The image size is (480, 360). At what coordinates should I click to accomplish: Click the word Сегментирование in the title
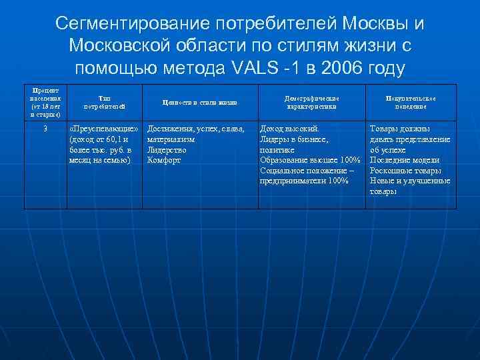[x=127, y=24]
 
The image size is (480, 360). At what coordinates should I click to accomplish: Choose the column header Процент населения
[x=45, y=102]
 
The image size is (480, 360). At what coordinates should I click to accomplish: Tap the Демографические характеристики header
[x=311, y=102]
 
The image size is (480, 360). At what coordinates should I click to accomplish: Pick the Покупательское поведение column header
[x=411, y=102]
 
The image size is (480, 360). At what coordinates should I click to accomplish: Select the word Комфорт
[x=164, y=160]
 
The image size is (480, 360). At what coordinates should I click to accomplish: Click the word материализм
[x=172, y=139]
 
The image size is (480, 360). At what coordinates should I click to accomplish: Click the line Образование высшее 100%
[x=310, y=160]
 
